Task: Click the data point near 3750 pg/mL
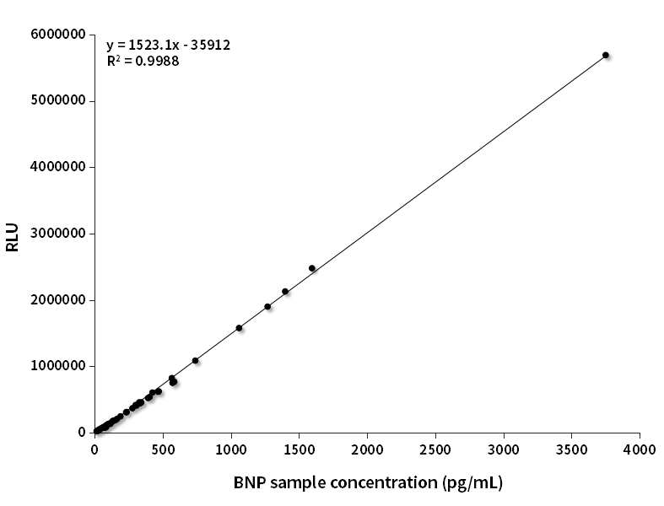[x=605, y=55]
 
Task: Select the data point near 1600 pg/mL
[x=311, y=268]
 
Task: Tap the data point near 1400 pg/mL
[x=285, y=292]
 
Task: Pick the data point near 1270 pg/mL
[x=267, y=307]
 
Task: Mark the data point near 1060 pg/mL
[x=239, y=328]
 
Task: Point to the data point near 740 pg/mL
[x=195, y=360]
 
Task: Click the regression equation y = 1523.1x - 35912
[x=169, y=46]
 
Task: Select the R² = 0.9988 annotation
[x=143, y=61]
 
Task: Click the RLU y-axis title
[x=12, y=234]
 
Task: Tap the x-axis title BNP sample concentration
[x=368, y=482]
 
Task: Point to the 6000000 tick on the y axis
[x=57, y=35]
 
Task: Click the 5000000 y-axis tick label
[x=57, y=101]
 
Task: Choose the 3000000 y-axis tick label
[x=57, y=234]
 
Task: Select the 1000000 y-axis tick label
[x=57, y=366]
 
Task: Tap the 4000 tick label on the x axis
[x=640, y=448]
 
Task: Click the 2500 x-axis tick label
[x=435, y=448]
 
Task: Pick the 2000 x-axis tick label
[x=367, y=448]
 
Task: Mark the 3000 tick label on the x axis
[x=504, y=448]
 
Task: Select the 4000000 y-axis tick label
[x=57, y=167]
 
